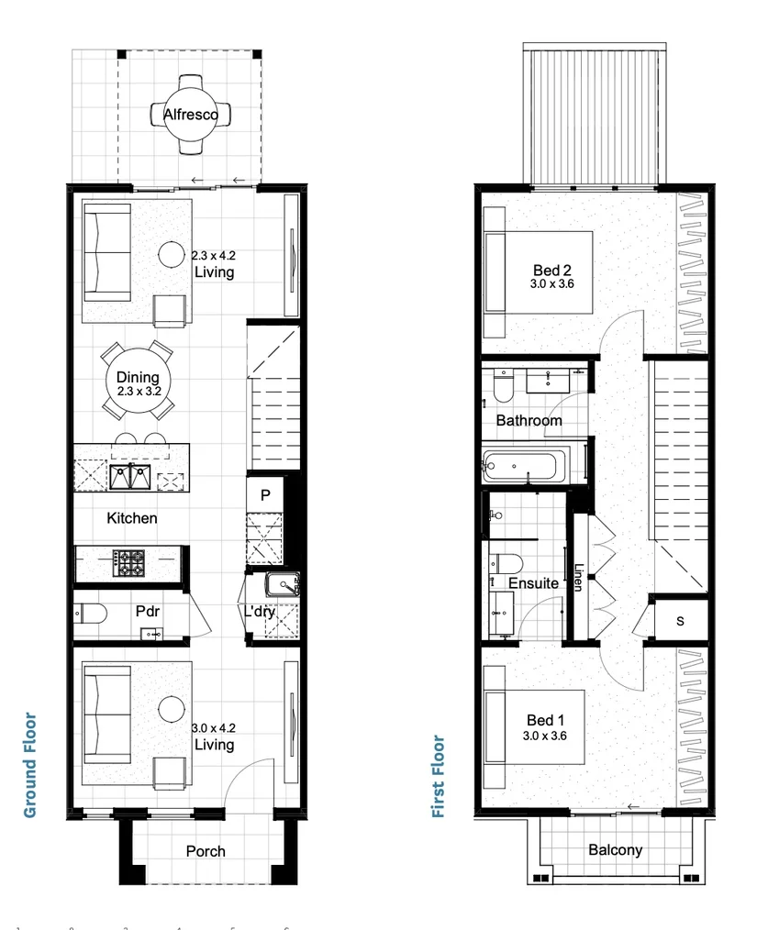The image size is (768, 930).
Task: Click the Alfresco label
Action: click(190, 115)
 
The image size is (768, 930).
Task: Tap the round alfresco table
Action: click(191, 128)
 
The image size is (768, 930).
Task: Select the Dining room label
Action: click(138, 377)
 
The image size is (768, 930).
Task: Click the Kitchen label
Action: click(132, 518)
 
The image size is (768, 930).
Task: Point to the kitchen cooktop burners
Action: click(128, 562)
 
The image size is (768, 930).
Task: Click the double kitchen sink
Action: click(130, 477)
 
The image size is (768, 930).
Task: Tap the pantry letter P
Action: click(265, 495)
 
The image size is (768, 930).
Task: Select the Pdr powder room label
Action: click(149, 611)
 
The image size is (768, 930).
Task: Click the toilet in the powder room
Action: click(89, 613)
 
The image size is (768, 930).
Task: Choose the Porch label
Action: click(206, 851)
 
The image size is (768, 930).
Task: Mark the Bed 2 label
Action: click(552, 271)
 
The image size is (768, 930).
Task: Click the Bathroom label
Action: click(529, 421)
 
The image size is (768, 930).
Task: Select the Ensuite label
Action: click(533, 583)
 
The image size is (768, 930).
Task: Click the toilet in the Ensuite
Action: click(506, 563)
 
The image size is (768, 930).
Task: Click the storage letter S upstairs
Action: click(680, 621)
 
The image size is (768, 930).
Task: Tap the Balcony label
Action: click(615, 850)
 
